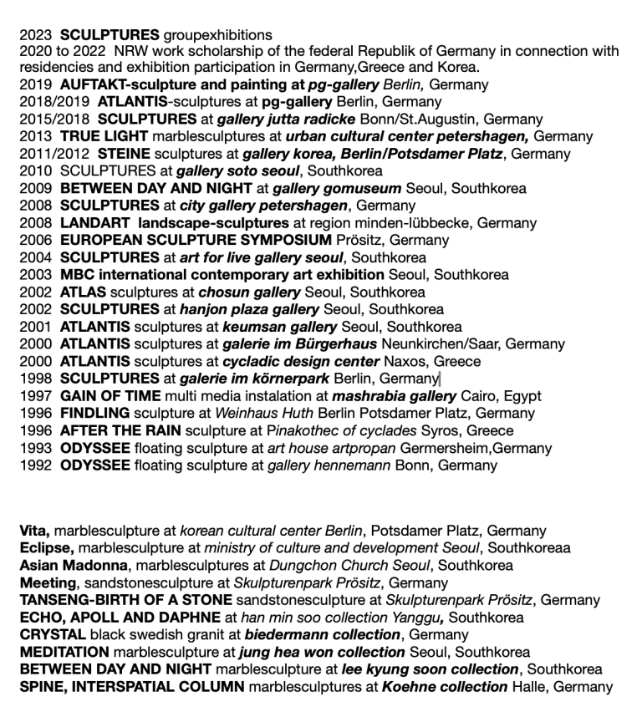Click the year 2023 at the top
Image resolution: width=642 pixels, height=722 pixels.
[x=35, y=35]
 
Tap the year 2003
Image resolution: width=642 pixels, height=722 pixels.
[x=35, y=275]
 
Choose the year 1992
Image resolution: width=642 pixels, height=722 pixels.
[x=35, y=465]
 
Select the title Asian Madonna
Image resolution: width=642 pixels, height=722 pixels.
[x=73, y=566]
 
